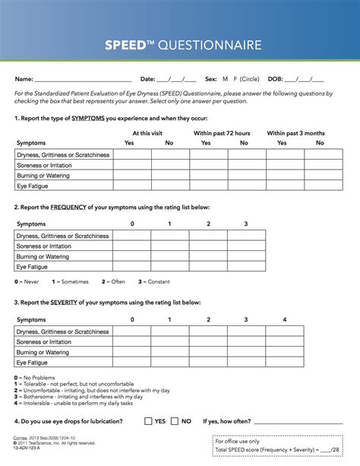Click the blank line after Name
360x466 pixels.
click(84, 80)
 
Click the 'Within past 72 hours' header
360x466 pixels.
click(222, 133)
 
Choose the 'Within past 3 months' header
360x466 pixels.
click(295, 133)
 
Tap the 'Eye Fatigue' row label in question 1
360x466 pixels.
click(33, 185)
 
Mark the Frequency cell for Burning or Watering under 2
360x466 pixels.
click(208, 257)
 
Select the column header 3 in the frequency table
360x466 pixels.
click(246, 224)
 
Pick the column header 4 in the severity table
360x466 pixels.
click(284, 320)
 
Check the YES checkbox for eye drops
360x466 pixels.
click(148, 420)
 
